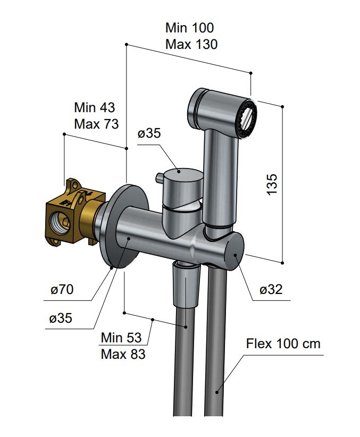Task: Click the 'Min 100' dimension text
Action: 189,28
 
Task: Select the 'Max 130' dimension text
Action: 191,44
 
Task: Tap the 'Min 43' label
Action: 94,107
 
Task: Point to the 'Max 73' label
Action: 96,124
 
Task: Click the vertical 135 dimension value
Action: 272,184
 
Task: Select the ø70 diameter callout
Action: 62,290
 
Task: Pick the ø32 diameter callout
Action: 271,290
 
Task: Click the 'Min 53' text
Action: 121,338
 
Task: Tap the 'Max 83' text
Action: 123,354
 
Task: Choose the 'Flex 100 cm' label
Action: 283,343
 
